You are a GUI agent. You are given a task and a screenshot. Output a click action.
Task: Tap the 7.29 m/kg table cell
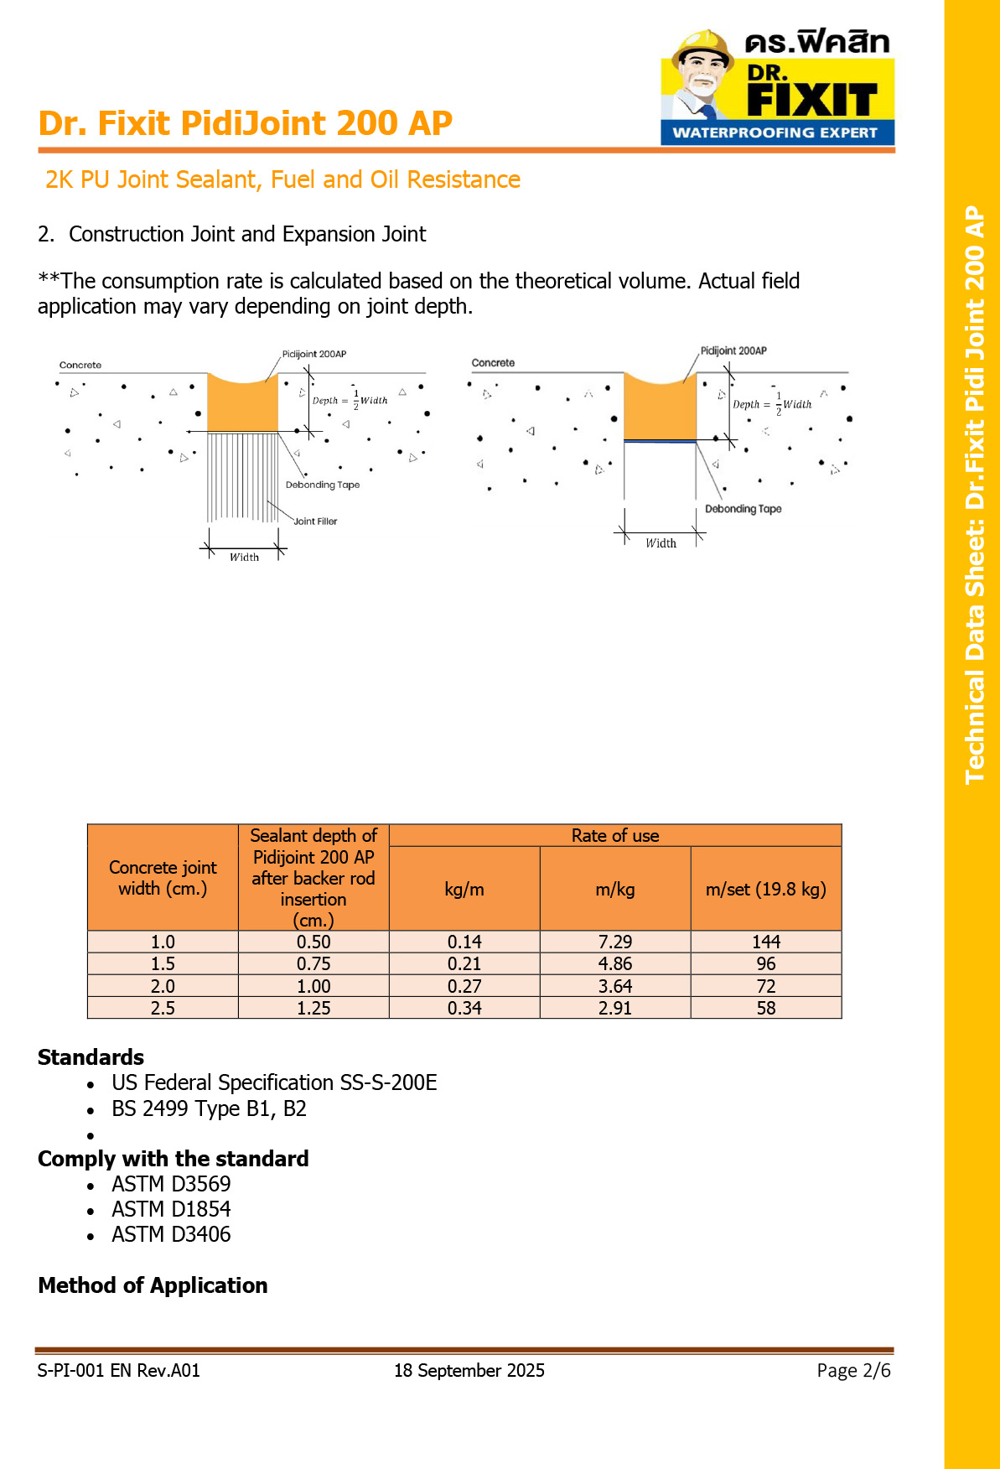[614, 942]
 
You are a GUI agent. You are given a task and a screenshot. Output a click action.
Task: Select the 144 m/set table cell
[765, 942]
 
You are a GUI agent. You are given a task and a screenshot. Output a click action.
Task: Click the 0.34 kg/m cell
[464, 1008]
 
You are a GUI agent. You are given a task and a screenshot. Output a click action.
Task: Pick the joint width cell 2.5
[163, 1008]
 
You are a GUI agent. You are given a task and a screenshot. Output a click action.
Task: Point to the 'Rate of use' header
[614, 835]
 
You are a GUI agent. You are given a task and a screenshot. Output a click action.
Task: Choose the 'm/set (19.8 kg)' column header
[765, 889]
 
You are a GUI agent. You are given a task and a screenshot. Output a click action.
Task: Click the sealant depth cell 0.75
[313, 963]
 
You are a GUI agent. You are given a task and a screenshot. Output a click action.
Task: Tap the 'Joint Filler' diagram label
[315, 522]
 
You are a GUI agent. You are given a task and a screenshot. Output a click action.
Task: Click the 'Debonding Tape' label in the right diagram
[743, 509]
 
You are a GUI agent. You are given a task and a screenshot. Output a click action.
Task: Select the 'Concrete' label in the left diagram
[80, 366]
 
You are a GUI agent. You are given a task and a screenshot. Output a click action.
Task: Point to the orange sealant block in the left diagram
[242, 407]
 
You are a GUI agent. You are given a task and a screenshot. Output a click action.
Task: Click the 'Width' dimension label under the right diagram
[661, 543]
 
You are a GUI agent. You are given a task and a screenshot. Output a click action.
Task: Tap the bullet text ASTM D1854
[171, 1209]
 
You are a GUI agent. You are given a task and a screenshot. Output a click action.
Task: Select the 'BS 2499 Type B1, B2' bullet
[209, 1108]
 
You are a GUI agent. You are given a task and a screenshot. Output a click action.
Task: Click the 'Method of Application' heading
[153, 1285]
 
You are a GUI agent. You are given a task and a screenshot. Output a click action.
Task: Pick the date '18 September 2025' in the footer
[469, 1370]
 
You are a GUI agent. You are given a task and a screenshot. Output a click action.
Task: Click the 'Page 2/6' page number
[853, 1370]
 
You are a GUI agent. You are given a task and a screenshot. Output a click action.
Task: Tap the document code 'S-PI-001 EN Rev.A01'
[118, 1370]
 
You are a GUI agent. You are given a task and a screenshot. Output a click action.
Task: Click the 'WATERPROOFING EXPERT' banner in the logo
[775, 132]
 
